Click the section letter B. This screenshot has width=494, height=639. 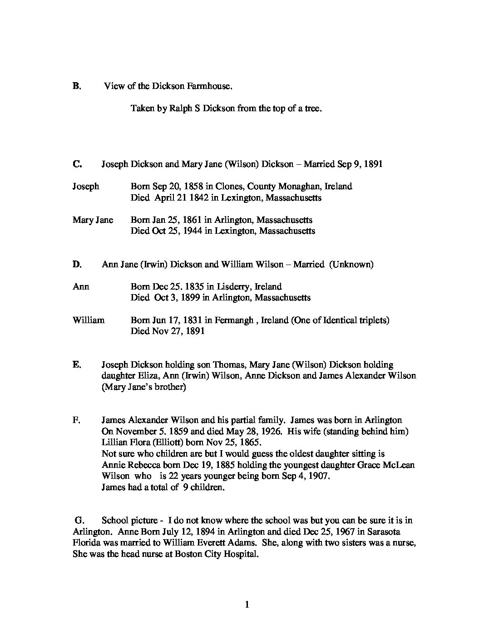pyautogui.click(x=76, y=86)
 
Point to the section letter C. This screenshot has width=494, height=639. pyautogui.click(x=77, y=164)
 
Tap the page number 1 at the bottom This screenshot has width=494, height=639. pyautogui.click(x=247, y=605)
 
